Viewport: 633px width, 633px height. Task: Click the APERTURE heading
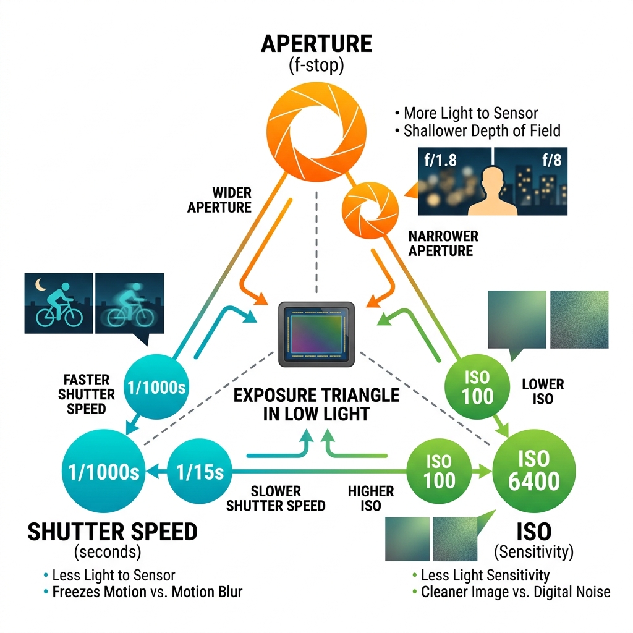(316, 44)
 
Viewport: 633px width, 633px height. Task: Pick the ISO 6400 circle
(533, 469)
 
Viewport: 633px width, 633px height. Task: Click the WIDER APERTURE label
(219, 199)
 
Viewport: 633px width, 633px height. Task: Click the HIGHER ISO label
(370, 498)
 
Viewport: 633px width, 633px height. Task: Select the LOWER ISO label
(542, 391)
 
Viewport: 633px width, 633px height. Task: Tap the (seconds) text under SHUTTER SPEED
(108, 551)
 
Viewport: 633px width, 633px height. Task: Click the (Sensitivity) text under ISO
(534, 550)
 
